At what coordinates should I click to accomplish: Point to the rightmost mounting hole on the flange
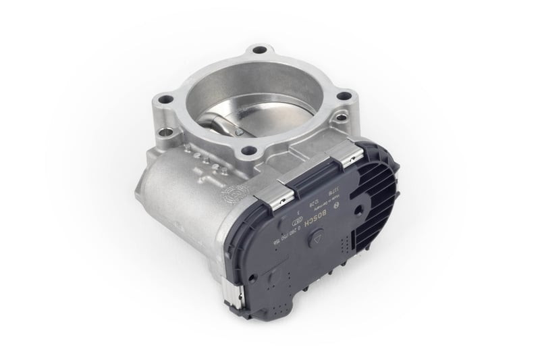(343, 97)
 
